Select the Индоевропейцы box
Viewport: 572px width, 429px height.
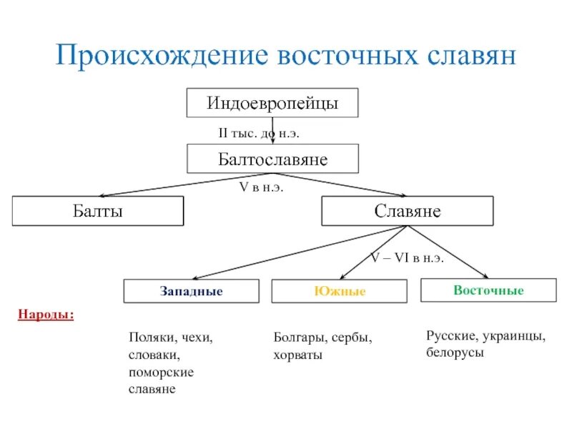tap(272, 103)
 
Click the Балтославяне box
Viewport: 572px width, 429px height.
tap(272, 159)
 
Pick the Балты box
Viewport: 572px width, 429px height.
tap(98, 212)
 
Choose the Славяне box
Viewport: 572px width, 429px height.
tap(407, 212)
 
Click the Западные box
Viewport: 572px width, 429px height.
tap(191, 292)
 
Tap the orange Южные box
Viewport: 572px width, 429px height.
tap(339, 292)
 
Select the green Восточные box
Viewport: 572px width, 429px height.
tap(488, 290)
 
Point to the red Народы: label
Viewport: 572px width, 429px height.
tap(46, 315)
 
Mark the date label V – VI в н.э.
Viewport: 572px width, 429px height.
tap(407, 258)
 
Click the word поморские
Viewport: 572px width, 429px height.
tap(161, 373)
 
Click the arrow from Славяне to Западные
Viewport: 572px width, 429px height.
tap(300, 252)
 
